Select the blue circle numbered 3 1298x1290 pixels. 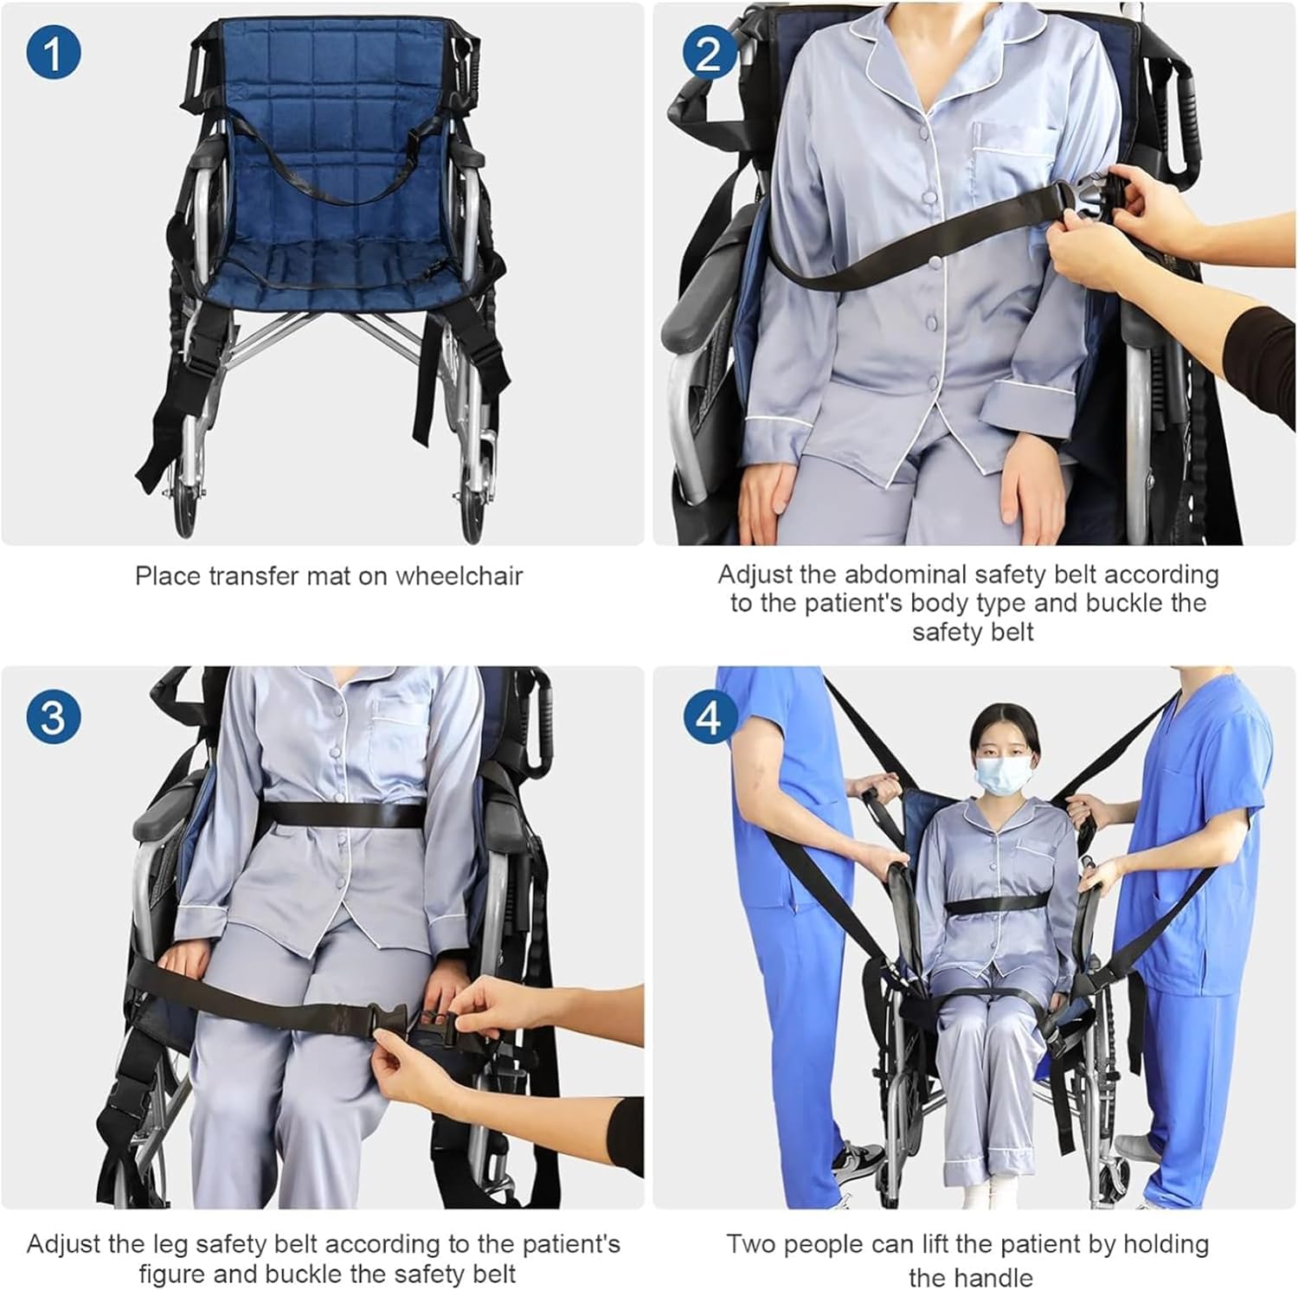pos(53,717)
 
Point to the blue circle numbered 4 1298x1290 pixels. pos(709,717)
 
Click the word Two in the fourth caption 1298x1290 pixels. pos(752,1244)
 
